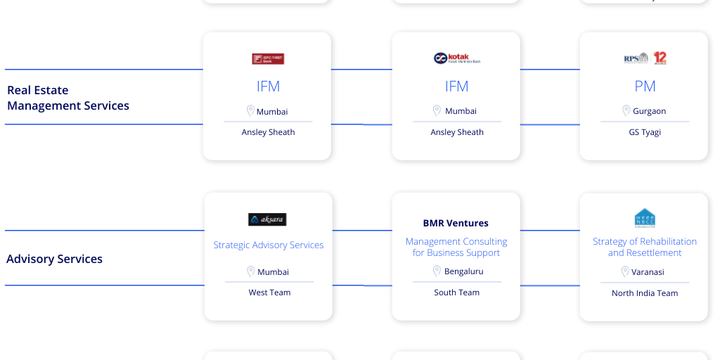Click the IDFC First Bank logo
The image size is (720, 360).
tap(268, 59)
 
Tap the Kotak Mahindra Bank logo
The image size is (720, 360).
tap(456, 58)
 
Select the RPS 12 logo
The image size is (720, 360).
tap(645, 58)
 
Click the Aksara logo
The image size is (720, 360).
tap(268, 219)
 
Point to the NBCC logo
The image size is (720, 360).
tap(645, 218)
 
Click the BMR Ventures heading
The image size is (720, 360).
tap(456, 224)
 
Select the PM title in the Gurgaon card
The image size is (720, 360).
tap(645, 86)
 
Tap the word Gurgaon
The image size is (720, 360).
tap(649, 111)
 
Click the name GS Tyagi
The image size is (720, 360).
tap(645, 132)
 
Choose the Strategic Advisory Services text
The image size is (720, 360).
tap(269, 245)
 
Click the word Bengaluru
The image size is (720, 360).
tap(463, 271)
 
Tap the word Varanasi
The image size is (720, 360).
tap(648, 272)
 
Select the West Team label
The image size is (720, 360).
tap(269, 292)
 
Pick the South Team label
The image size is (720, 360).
tap(456, 292)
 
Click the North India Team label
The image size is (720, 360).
tap(645, 293)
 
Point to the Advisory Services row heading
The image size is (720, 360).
tap(54, 259)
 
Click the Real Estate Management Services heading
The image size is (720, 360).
tap(68, 98)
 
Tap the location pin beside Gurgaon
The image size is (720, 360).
tap(626, 110)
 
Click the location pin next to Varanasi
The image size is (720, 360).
tap(624, 271)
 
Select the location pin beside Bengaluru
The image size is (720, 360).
tap(437, 271)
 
